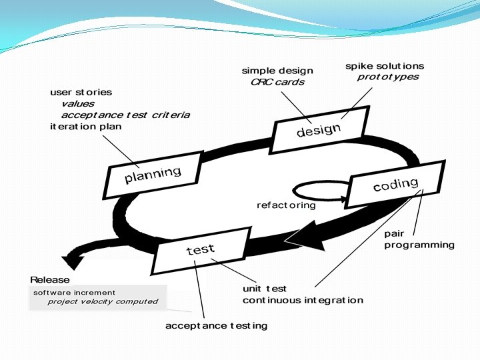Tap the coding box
[x=395, y=185]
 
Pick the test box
[x=200, y=250]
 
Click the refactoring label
[x=286, y=205]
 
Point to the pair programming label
[x=419, y=239]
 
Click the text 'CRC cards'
[x=277, y=82]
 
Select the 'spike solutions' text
[x=384, y=66]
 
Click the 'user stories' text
[x=81, y=92]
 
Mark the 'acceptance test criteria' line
[x=125, y=115]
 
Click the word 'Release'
[x=49, y=279]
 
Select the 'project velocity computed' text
[x=103, y=301]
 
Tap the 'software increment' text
[x=74, y=292]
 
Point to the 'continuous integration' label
[x=303, y=300]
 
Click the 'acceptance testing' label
[x=216, y=325]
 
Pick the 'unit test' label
[x=265, y=289]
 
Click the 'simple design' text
[x=277, y=71]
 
